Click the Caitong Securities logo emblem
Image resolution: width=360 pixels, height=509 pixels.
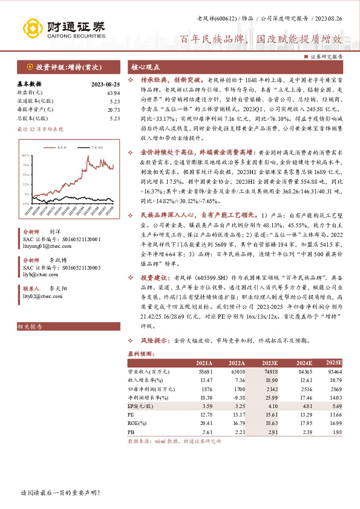(30, 27)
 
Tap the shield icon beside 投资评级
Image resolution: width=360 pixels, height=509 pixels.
(29, 68)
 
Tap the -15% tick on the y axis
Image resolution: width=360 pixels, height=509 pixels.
(25, 203)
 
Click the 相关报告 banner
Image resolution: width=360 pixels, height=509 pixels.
(31, 327)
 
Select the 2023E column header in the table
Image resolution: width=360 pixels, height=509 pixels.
(270, 362)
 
